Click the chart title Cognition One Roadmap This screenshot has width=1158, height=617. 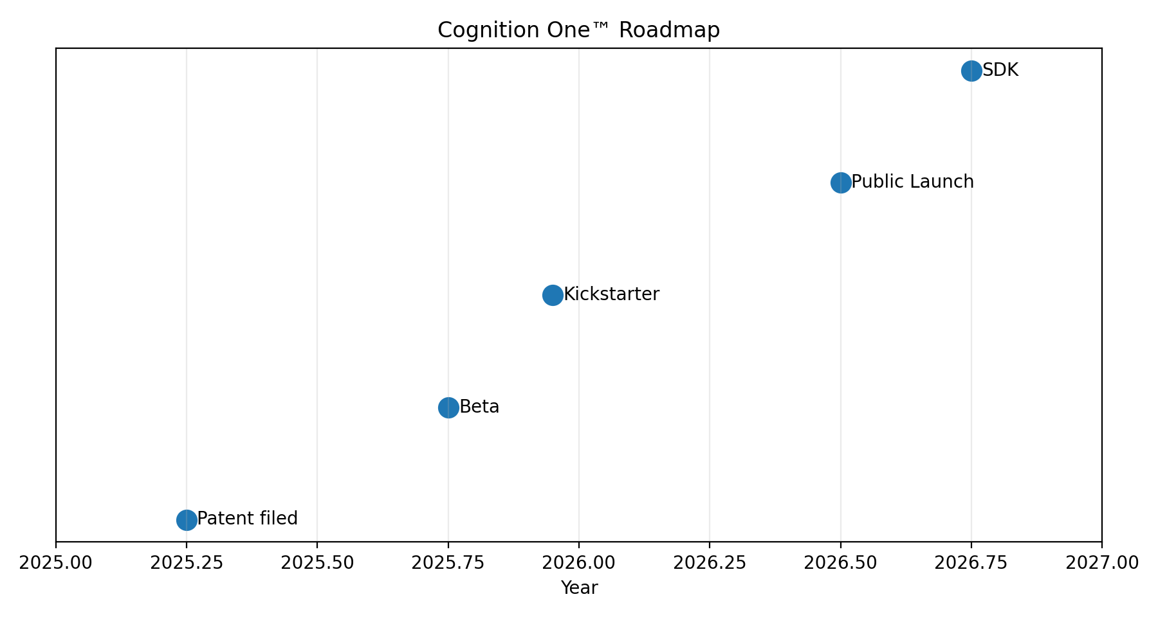(578, 30)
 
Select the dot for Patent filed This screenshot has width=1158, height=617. (187, 519)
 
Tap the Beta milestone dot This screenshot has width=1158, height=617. (448, 407)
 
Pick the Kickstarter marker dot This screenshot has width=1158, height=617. (553, 295)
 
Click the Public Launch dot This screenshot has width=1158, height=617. (841, 183)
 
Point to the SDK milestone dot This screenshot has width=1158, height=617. (971, 71)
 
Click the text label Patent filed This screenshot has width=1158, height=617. (248, 519)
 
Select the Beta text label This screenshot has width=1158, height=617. (479, 407)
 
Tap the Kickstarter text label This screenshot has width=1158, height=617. (611, 294)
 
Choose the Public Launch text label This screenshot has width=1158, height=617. (912, 182)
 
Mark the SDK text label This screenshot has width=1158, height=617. (1000, 70)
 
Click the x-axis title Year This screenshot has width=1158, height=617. (579, 588)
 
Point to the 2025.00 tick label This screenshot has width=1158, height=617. (56, 563)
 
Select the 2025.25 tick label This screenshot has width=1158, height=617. (187, 563)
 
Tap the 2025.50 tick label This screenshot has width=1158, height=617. (317, 563)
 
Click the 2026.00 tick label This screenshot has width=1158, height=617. (579, 563)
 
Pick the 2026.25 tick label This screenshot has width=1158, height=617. (710, 563)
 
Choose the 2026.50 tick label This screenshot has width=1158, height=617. (841, 563)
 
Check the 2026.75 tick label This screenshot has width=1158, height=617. (971, 563)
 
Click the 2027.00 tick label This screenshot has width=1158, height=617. (1102, 563)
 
